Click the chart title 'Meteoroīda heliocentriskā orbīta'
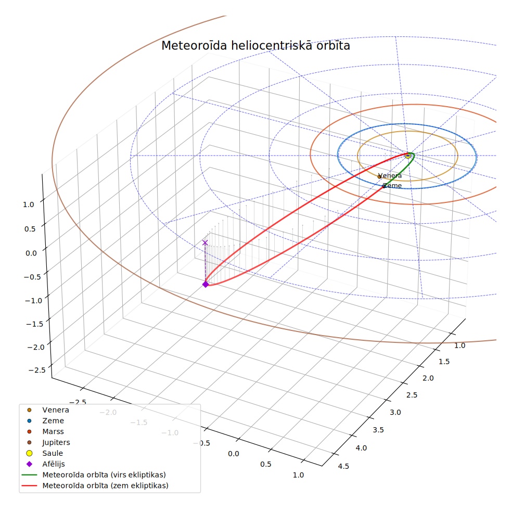pyautogui.click(x=255, y=46)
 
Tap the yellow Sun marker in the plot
pyautogui.click(x=408, y=156)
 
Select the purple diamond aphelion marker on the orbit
pyautogui.click(x=206, y=285)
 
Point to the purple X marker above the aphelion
pyautogui.click(x=205, y=242)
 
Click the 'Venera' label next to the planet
pyautogui.click(x=390, y=176)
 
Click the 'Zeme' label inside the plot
pyautogui.click(x=392, y=186)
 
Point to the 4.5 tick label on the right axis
pyautogui.click(x=343, y=466)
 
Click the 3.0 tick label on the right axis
pyautogui.click(x=395, y=413)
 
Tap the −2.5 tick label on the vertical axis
pyautogui.click(x=37, y=370)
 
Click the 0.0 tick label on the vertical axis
pyautogui.click(x=31, y=253)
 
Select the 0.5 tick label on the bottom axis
pyautogui.click(x=266, y=464)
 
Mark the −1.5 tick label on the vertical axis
pyautogui.click(x=35, y=324)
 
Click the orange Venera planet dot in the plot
pyautogui.click(x=379, y=177)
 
